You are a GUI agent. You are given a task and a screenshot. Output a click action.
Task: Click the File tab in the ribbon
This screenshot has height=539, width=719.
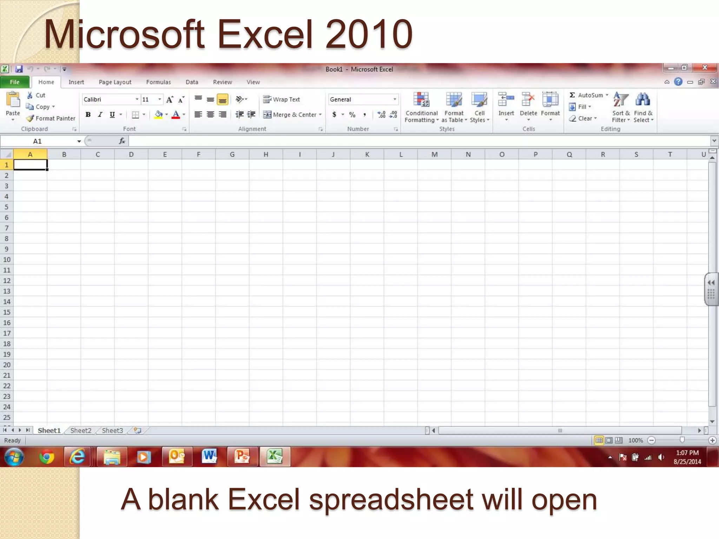point(15,82)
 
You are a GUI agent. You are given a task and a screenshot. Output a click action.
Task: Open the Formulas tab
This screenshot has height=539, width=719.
point(158,82)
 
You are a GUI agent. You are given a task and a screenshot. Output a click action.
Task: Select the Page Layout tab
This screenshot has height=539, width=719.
point(115,82)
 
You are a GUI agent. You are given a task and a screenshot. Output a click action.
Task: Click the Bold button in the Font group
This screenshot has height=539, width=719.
point(88,115)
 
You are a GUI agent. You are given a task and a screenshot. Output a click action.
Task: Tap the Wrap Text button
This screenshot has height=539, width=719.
point(282,100)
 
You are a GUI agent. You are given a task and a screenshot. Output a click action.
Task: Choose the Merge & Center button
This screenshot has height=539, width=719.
point(292,115)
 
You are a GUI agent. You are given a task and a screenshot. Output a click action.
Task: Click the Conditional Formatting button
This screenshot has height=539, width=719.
point(421,107)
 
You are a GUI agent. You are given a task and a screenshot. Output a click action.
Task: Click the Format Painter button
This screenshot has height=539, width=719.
point(51,119)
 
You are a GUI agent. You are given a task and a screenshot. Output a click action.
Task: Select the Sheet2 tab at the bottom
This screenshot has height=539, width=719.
point(81,431)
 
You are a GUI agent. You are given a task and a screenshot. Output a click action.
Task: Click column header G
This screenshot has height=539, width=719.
point(232,154)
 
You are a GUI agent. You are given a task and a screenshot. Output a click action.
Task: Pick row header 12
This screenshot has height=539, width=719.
point(7,281)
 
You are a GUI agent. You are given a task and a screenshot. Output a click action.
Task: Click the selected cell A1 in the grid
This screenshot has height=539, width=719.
point(30,165)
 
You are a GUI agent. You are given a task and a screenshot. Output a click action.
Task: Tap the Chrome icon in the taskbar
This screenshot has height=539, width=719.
point(47,457)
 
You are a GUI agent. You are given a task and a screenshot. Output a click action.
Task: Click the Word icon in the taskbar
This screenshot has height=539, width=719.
point(209,457)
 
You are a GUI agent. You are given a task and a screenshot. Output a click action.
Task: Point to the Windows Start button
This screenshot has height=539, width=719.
point(14,457)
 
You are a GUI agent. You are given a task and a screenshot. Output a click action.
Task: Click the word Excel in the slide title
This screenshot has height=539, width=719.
point(265,34)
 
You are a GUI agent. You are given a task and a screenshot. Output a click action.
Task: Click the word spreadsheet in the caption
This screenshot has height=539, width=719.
point(391,500)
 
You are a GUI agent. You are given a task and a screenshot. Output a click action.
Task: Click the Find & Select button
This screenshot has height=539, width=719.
point(643,107)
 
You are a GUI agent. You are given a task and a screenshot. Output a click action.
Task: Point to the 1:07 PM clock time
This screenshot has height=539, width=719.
point(687,453)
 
